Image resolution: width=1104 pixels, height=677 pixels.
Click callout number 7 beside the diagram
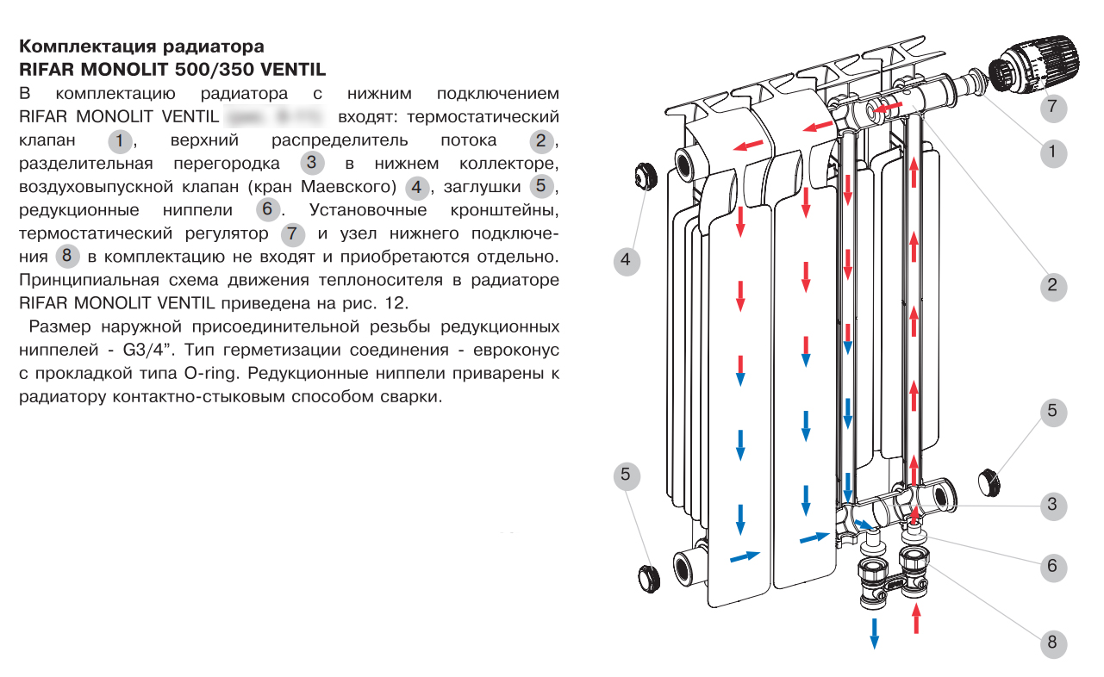coord(1051,108)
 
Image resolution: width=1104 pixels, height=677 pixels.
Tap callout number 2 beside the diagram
coord(1051,286)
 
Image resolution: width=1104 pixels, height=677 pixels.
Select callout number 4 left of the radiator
coord(627,259)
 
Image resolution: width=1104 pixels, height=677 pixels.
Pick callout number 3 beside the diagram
coord(1051,505)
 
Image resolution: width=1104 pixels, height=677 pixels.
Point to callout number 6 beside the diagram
coord(1051,567)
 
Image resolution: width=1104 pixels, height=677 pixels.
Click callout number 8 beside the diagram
coord(1051,643)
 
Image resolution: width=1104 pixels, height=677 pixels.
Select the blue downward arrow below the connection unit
coord(874,633)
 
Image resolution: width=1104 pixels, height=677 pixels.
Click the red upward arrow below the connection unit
coord(916,618)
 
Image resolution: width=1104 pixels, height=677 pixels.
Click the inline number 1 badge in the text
coord(122,140)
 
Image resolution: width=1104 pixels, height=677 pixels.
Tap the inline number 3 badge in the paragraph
coord(313,163)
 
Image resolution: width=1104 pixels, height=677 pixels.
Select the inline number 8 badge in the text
coord(67,257)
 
